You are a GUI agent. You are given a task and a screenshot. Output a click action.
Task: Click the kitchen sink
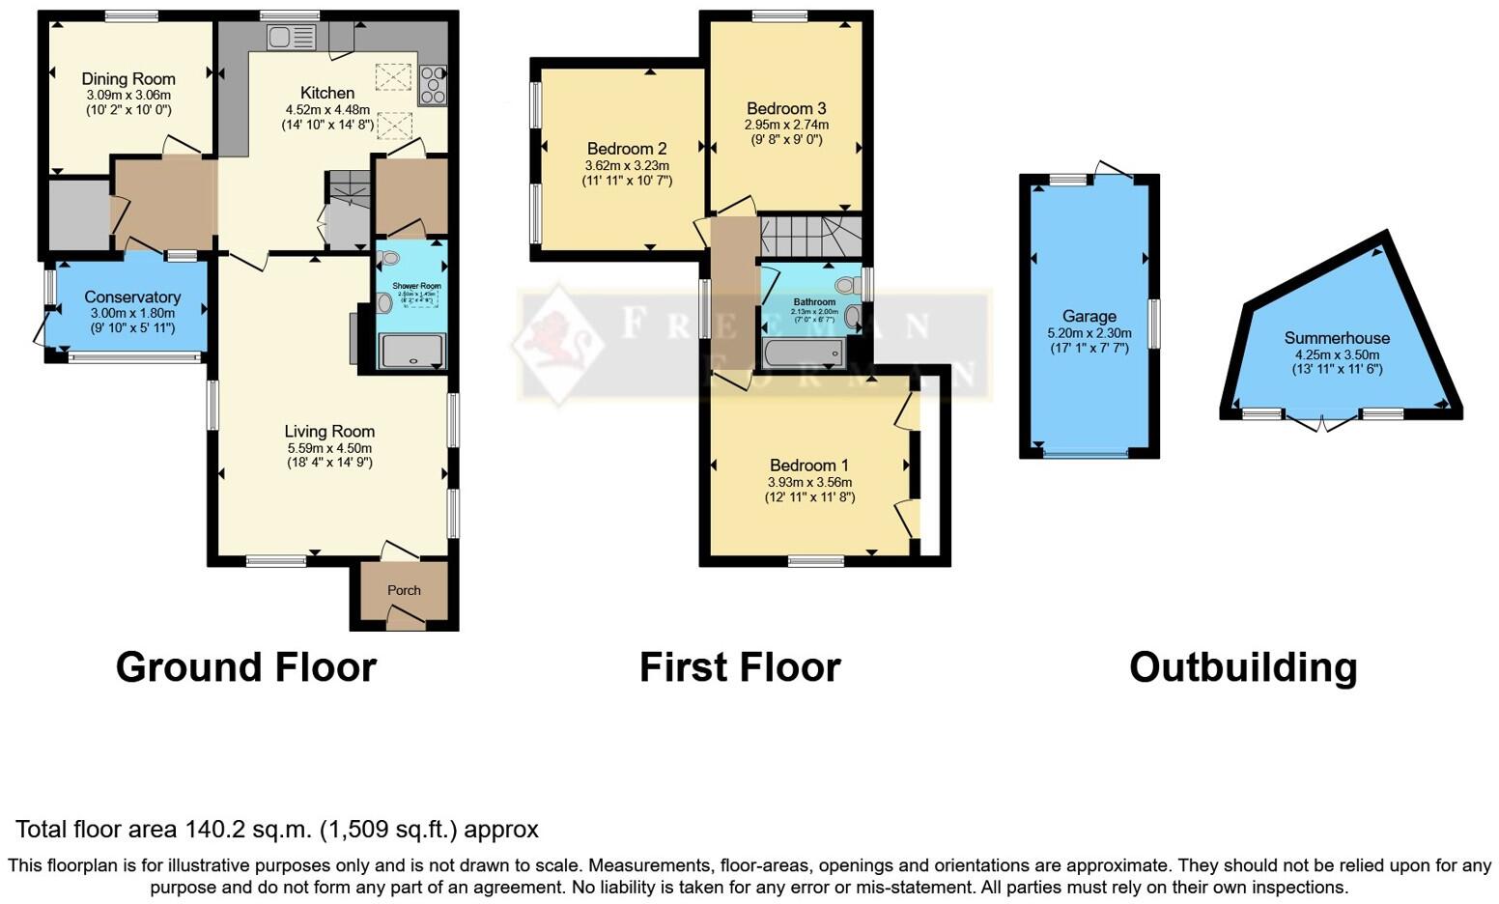292,38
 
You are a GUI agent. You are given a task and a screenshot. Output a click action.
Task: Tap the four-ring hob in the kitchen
432,84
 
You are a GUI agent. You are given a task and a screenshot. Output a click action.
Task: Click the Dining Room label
128,79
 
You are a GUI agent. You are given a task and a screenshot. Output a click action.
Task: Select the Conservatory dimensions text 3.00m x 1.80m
132,313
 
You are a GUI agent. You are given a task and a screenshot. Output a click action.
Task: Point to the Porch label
404,590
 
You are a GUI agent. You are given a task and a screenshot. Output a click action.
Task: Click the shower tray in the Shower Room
412,351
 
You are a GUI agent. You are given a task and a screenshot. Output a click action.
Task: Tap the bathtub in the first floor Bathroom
803,353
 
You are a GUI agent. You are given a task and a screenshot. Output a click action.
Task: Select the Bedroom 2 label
627,149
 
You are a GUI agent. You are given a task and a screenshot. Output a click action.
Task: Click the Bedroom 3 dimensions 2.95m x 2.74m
786,125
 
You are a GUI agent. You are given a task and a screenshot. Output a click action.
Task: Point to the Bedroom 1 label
809,466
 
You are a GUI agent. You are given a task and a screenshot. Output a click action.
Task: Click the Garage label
1089,316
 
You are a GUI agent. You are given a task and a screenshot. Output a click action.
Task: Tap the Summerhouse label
1337,338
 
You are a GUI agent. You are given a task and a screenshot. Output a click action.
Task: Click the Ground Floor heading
246,667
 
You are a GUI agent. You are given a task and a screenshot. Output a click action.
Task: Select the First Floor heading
740,667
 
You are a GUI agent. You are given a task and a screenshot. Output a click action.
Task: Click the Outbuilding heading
1243,667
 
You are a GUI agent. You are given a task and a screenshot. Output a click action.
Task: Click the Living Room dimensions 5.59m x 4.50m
329,448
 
